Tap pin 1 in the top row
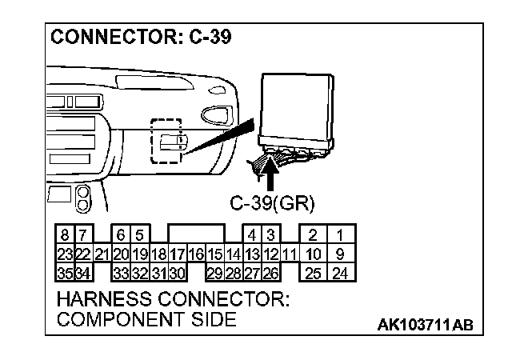[340, 235]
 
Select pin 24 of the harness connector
[340, 274]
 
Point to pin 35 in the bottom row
[64, 274]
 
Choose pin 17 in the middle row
[177, 254]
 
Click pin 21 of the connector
[102, 254]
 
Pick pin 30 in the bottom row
[177, 274]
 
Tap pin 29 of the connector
[214, 274]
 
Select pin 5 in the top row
[138, 235]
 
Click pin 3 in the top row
[270, 235]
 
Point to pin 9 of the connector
[340, 254]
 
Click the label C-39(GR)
[272, 202]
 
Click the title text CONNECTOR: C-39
[141, 38]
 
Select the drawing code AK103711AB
[425, 324]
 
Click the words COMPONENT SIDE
[146, 319]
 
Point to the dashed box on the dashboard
[167, 142]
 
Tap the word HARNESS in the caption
[105, 300]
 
